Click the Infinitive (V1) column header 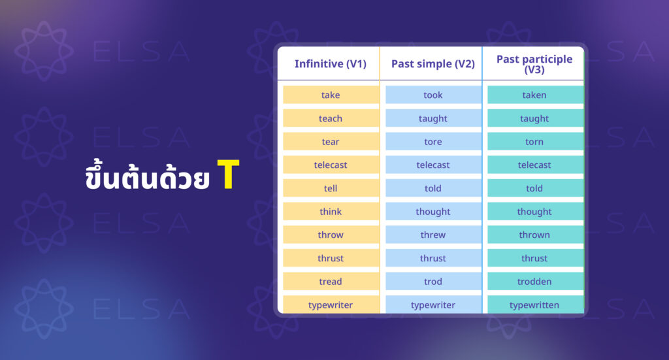(330, 64)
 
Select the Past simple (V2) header (432, 64)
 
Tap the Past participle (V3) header (534, 64)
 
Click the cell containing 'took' (433, 95)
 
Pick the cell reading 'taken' (535, 95)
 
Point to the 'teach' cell (331, 118)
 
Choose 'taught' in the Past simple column (433, 118)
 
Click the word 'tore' (433, 142)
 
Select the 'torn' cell (535, 142)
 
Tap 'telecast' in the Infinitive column (331, 165)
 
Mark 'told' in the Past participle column (535, 188)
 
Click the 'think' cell (331, 212)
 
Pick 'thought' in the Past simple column (433, 212)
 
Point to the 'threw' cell (433, 235)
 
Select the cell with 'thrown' (535, 235)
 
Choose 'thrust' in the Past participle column (535, 258)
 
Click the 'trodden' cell (535, 282)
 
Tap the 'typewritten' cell (535, 304)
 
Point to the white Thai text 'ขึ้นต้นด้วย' (147, 176)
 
